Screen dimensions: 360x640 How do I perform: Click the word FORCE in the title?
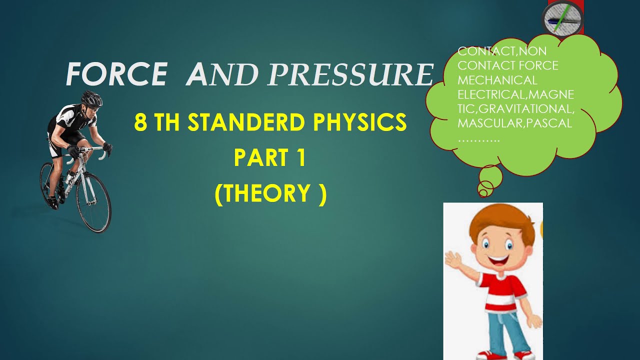coord(116,75)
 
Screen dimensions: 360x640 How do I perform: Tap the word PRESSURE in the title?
coord(350,75)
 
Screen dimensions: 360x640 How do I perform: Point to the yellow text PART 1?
coord(269,158)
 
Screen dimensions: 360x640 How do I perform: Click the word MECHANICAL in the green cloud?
coord(497,80)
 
